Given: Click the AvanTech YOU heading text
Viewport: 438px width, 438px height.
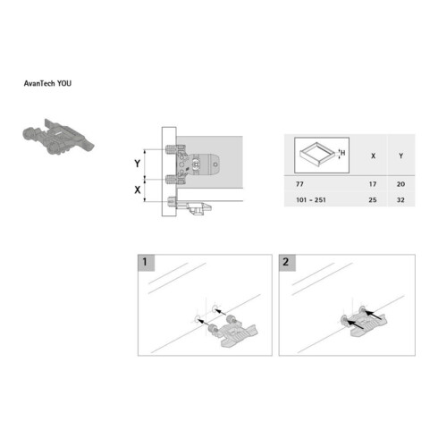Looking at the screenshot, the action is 47,83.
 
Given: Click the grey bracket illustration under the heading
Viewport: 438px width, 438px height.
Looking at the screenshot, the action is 58,137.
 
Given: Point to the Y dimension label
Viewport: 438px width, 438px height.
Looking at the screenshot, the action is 137,164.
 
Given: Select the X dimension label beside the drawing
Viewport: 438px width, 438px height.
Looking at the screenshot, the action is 137,190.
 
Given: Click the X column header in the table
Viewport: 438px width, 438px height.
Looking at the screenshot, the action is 373,156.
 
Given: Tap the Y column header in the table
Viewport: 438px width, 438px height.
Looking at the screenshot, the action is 400,156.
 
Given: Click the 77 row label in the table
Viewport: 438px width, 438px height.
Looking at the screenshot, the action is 299,184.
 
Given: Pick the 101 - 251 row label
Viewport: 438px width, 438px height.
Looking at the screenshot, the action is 311,200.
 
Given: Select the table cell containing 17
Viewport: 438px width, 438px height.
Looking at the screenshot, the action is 373,184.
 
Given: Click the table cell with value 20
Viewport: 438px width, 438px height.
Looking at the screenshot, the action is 400,184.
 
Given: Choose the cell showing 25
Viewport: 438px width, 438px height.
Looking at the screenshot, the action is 373,200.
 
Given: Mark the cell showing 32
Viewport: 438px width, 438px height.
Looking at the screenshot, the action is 400,200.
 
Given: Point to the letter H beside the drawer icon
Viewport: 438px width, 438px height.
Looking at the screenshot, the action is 343,153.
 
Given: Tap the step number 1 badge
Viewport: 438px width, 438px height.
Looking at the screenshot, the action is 146,263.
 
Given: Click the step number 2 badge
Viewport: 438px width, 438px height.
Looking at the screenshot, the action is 287,263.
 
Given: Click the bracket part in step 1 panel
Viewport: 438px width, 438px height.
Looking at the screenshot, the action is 234,333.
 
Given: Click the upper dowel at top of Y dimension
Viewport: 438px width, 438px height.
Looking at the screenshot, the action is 172,149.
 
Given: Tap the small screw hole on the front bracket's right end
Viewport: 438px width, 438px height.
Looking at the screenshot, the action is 215,164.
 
